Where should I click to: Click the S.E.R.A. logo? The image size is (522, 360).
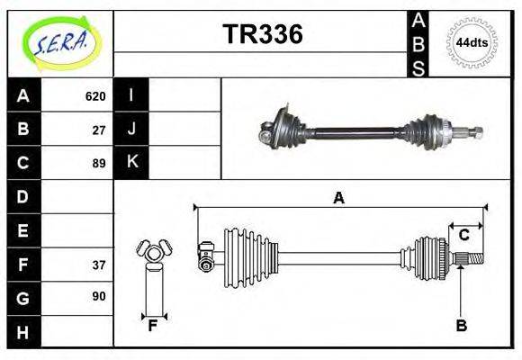point(59,41)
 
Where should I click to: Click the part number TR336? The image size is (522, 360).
point(262,35)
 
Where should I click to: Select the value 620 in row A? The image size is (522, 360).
point(95,96)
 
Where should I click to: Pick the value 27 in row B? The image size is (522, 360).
point(99,130)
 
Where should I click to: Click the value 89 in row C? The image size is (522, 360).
point(99,163)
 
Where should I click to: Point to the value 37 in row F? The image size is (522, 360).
point(99,265)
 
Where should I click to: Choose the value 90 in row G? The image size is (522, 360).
point(99,296)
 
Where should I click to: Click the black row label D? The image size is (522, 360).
point(23,196)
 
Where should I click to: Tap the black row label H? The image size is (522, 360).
point(23,332)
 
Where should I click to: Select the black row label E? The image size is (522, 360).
point(23,230)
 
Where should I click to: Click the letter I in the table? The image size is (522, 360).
point(131,95)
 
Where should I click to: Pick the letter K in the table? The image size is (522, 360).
point(131,163)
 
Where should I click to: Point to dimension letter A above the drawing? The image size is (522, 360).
point(338,198)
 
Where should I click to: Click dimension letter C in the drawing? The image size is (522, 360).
point(464,235)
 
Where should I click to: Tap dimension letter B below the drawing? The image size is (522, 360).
point(461,327)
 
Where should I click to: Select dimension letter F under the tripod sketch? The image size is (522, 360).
point(153,327)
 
